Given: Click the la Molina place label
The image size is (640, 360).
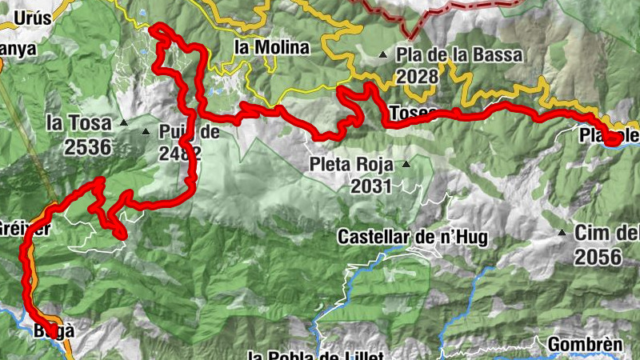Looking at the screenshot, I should tap(271, 47).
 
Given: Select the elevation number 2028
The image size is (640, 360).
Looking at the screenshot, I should tap(418, 76).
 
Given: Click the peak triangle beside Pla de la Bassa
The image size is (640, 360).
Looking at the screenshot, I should tap(383, 55).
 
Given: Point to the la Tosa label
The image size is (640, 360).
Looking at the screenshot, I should tap(77, 123).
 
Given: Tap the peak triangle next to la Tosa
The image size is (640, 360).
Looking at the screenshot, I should tap(123, 123).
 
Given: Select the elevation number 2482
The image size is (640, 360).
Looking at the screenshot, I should tap(178, 154).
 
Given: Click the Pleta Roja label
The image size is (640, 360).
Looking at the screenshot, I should tap(353, 166).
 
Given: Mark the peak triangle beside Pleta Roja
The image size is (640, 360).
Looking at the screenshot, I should tap(406, 165).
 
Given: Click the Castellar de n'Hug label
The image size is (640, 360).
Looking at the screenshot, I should tap(412, 237).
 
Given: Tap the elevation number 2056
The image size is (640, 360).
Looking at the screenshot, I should tap(597, 257).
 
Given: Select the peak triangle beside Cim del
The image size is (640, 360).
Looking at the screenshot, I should tap(562, 234).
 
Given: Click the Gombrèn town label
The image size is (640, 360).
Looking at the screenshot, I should tap(586, 345).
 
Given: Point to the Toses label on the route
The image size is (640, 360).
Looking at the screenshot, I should tap(414, 112).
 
